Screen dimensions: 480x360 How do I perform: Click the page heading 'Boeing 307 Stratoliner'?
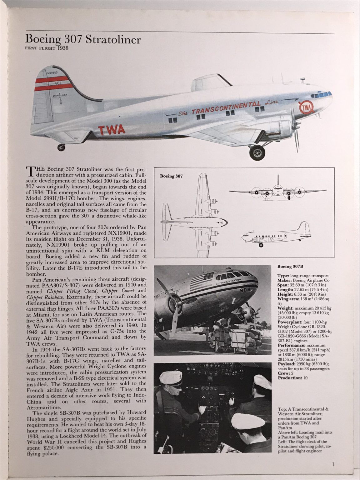(x=83, y=39)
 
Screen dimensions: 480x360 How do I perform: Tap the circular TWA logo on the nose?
(x=307, y=108)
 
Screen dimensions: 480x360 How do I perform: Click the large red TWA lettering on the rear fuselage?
(x=112, y=129)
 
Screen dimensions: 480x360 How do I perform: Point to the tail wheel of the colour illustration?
(x=61, y=147)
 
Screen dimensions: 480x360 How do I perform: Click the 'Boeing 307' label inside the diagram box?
(x=171, y=176)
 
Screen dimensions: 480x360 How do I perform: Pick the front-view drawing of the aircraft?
(x=277, y=190)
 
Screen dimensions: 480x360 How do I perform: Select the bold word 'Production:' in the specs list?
(x=288, y=377)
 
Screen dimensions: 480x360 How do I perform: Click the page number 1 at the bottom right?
(x=333, y=464)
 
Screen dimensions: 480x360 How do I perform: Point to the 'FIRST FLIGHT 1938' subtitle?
(x=46, y=48)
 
